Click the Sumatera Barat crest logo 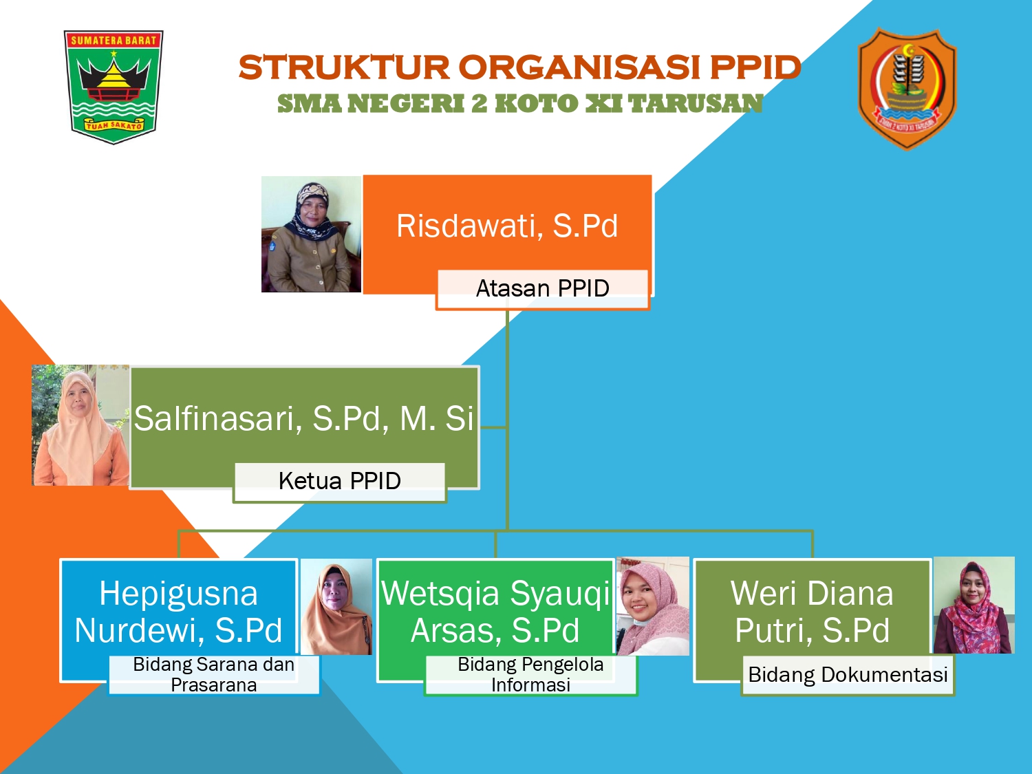point(114,87)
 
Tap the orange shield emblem point(907,89)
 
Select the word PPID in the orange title point(755,67)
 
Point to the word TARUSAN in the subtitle point(696,103)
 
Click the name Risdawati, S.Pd point(507,226)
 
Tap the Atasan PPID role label point(543,288)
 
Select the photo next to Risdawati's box point(311,234)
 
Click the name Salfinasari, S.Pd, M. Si point(303,418)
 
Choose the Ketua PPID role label point(339,481)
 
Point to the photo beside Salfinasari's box point(80,424)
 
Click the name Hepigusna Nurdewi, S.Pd point(179,612)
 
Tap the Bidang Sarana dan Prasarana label point(214,675)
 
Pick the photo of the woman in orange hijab point(336,607)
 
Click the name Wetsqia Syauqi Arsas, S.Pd point(495,612)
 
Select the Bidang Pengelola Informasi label point(531,675)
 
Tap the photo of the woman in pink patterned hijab point(653,606)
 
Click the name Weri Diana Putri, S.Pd point(812,612)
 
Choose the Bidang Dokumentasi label point(848,675)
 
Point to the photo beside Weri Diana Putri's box point(974,605)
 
